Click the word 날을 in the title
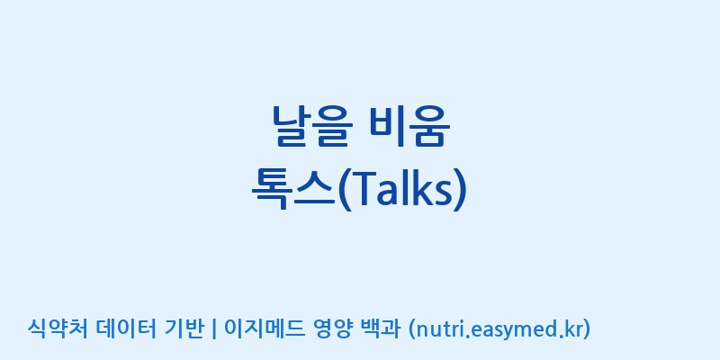tap(312, 126)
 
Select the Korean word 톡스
tap(293, 188)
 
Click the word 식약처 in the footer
tap(57, 328)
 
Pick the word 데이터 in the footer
tap(127, 328)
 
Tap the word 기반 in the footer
tap(184, 328)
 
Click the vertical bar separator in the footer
tap(214, 328)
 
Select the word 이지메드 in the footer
tap(264, 328)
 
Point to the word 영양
tap(333, 328)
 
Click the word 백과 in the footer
tap(381, 328)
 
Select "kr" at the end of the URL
tap(573, 329)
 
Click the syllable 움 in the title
tap(431, 126)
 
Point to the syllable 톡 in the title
tap(272, 188)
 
